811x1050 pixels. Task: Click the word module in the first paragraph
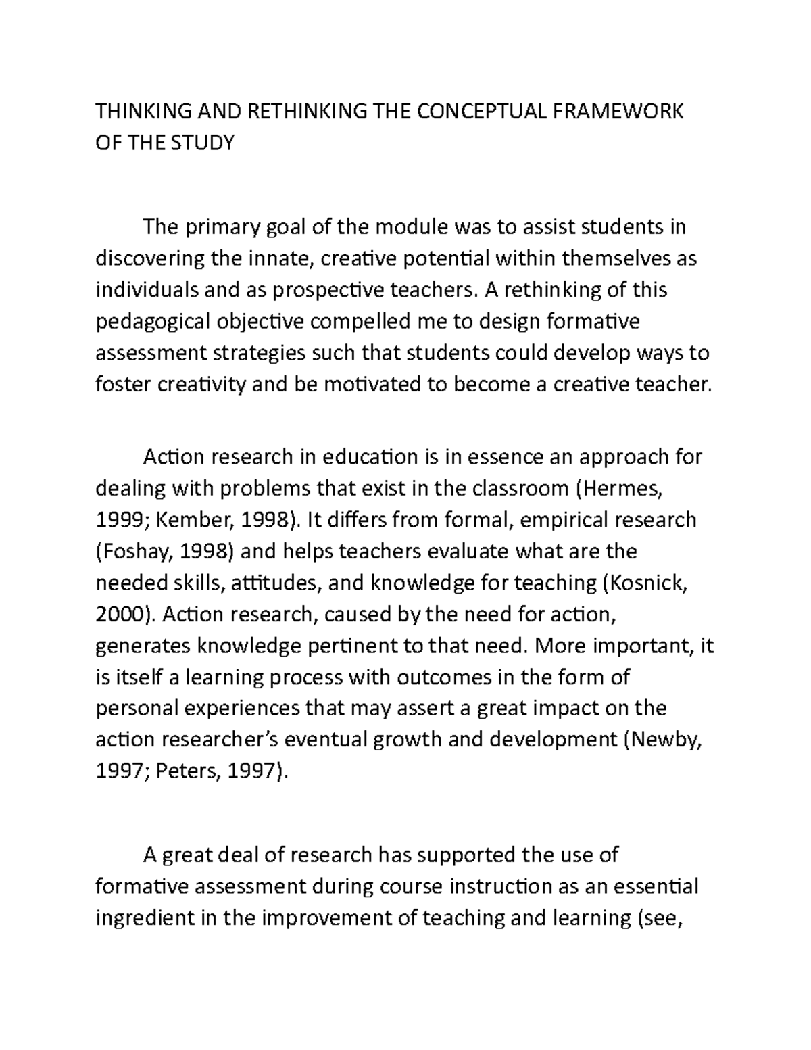point(410,226)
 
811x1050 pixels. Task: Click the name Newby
point(666,740)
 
